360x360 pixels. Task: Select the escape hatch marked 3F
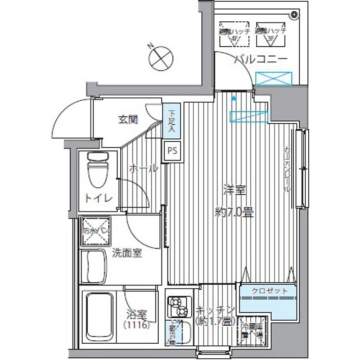coord(269,33)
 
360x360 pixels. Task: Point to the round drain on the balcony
coord(294,15)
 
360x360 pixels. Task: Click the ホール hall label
coord(143,168)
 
